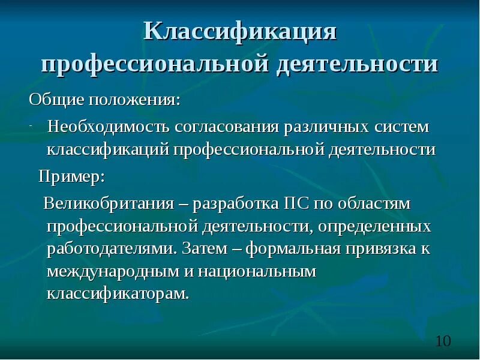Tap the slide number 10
pyautogui.click(x=442, y=341)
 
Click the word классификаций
pyautogui.click(x=109, y=149)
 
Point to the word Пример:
pyautogui.click(x=71, y=176)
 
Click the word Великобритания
pyautogui.click(x=108, y=203)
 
